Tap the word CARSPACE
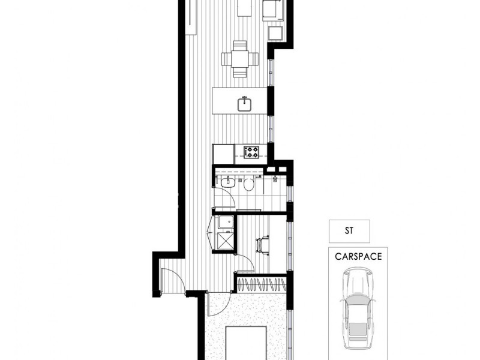(x=358, y=256)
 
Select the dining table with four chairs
(x=240, y=59)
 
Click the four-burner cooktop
(x=251, y=152)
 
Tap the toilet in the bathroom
(x=248, y=183)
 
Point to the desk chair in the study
(x=263, y=245)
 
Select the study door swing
(x=245, y=263)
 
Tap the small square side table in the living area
(x=275, y=31)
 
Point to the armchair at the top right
(x=272, y=9)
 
